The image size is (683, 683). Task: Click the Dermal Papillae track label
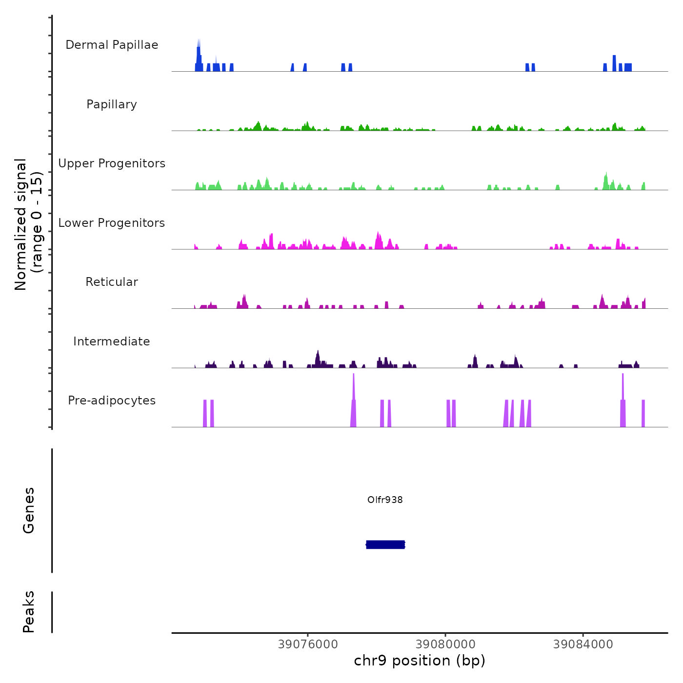tap(112, 45)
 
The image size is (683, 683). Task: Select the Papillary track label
tap(112, 104)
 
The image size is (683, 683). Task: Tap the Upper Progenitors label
tap(112, 163)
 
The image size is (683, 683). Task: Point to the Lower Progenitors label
tap(112, 223)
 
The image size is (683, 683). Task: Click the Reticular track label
tap(112, 282)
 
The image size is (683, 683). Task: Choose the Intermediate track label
tap(112, 341)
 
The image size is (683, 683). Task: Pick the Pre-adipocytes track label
tap(112, 401)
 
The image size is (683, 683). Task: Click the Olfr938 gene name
tap(385, 500)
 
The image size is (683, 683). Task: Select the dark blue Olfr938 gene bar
tap(385, 544)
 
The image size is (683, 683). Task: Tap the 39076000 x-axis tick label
tap(308, 644)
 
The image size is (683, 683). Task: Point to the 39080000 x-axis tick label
tap(445, 644)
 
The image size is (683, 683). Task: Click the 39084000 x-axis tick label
tap(583, 644)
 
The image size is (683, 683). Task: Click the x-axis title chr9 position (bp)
tap(420, 661)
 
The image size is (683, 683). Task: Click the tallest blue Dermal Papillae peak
tap(199, 49)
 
